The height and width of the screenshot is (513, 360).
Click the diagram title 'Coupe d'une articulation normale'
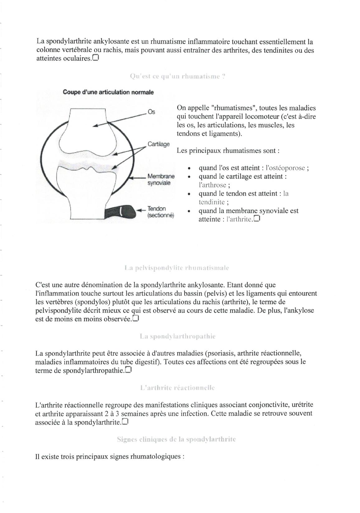(x=108, y=92)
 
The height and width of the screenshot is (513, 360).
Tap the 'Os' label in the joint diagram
(x=151, y=112)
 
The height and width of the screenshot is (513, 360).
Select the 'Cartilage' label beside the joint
(x=159, y=144)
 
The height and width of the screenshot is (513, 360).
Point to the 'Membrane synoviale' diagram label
(x=161, y=180)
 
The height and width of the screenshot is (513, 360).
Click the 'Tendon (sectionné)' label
(x=160, y=212)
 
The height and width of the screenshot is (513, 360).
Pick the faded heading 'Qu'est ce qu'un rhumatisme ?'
(x=177, y=76)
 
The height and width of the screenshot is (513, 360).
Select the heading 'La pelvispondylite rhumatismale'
(x=177, y=268)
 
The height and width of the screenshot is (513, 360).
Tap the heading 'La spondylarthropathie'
(x=178, y=336)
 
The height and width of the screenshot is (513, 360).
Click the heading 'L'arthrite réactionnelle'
(x=178, y=388)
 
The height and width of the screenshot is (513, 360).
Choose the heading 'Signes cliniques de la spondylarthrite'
(x=176, y=439)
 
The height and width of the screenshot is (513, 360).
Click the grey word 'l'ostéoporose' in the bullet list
(x=285, y=168)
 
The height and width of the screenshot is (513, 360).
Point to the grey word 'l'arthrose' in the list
(x=212, y=185)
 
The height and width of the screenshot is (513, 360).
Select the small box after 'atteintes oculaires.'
(x=95, y=58)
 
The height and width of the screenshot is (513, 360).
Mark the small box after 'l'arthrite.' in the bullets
(x=257, y=219)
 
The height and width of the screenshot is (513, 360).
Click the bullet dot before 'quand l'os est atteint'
(x=189, y=168)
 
